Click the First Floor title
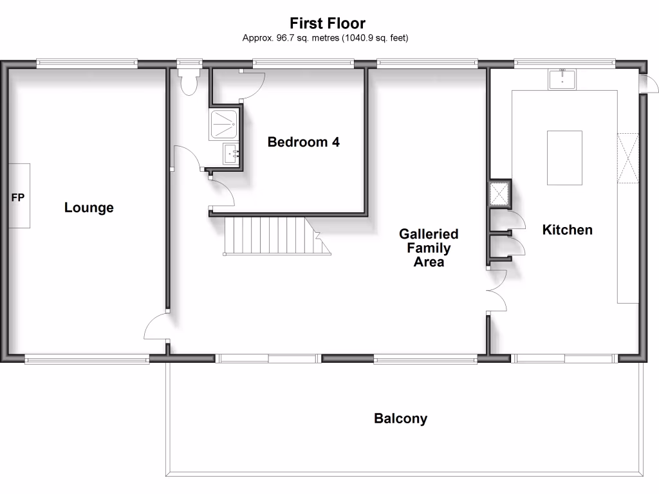327,24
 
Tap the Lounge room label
89,208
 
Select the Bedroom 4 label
303,142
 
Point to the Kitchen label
567,230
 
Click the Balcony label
400,419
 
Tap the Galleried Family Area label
428,248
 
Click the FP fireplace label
17,198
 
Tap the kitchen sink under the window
563,78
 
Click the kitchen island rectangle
564,158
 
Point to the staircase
270,235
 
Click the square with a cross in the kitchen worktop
627,157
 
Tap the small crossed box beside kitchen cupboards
499,193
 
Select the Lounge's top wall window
87,63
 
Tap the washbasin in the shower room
231,154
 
